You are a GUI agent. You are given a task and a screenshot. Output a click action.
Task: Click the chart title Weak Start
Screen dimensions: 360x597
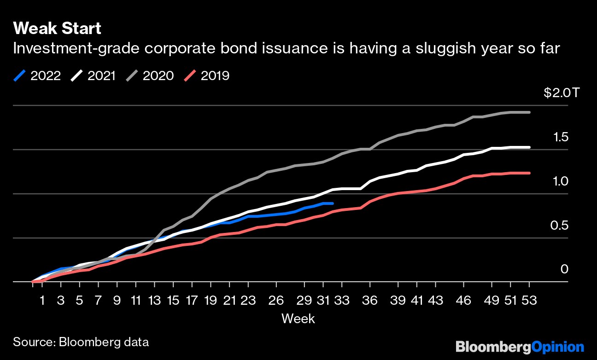point(57,29)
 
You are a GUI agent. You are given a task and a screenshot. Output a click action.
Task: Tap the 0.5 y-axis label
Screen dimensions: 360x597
point(559,226)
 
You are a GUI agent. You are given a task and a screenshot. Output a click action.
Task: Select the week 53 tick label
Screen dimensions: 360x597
point(529,300)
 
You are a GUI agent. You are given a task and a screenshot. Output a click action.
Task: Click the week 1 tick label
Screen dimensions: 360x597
point(42,300)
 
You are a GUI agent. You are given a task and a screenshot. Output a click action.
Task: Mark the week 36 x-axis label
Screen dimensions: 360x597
point(370,300)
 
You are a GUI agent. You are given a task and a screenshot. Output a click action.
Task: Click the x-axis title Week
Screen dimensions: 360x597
point(298,318)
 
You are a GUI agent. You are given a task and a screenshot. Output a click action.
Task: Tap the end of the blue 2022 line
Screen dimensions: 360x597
point(332,203)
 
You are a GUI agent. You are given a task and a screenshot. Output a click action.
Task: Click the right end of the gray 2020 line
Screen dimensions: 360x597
point(529,112)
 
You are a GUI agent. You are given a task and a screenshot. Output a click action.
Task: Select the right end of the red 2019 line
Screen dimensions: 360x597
point(529,173)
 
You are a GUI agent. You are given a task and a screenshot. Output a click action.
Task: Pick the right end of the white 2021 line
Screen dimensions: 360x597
point(529,147)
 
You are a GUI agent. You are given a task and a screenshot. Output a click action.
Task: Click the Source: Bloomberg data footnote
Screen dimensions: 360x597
point(81,342)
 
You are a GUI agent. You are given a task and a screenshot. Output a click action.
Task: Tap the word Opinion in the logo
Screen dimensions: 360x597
point(558,346)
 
